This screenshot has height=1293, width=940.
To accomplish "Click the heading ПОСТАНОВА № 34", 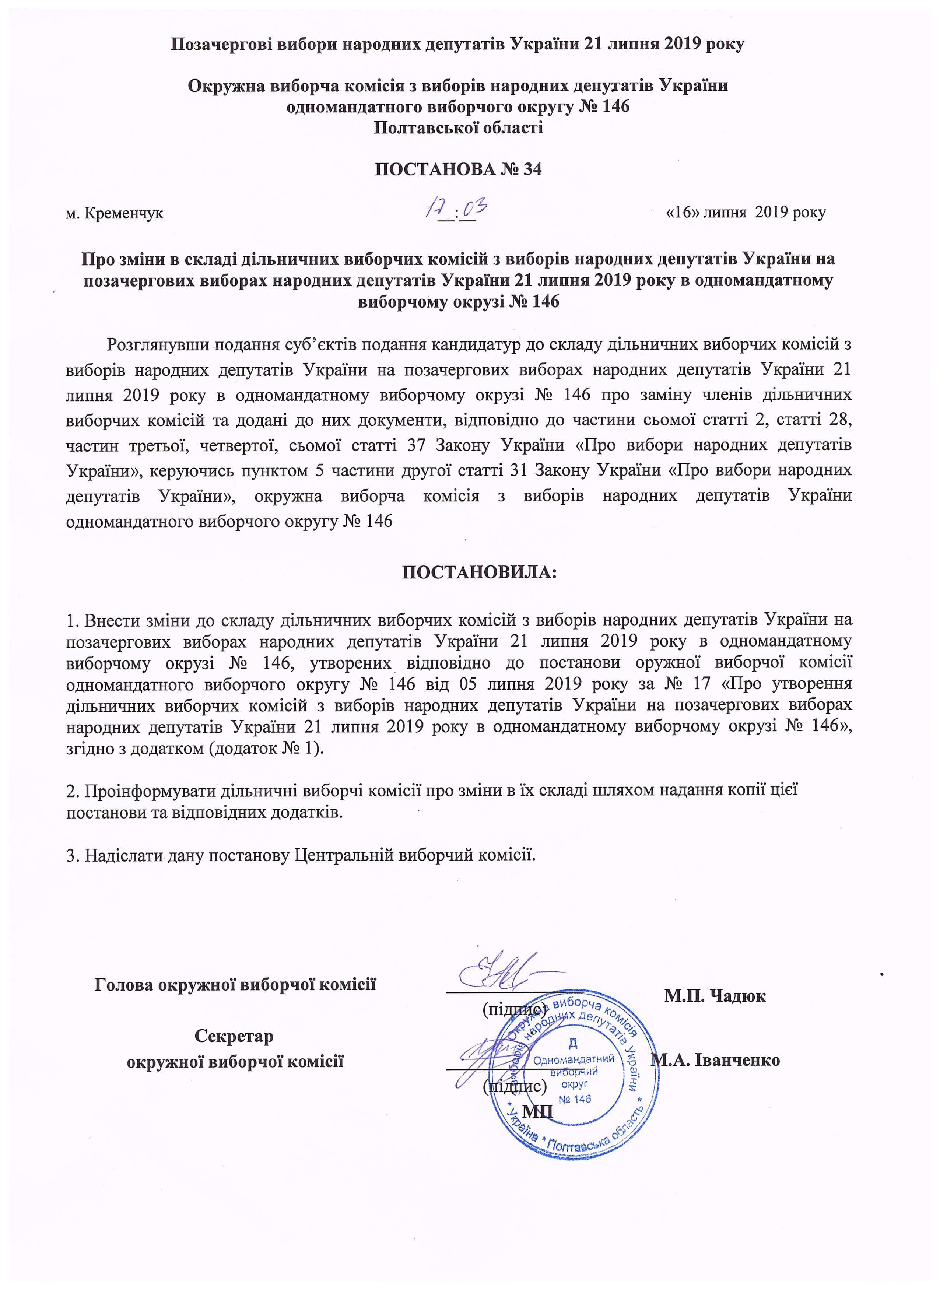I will tap(458, 169).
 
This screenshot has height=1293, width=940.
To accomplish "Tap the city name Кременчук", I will tap(123, 214).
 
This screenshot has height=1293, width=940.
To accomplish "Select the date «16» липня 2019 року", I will tap(746, 213).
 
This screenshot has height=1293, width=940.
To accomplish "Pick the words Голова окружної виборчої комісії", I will tap(235, 985).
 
